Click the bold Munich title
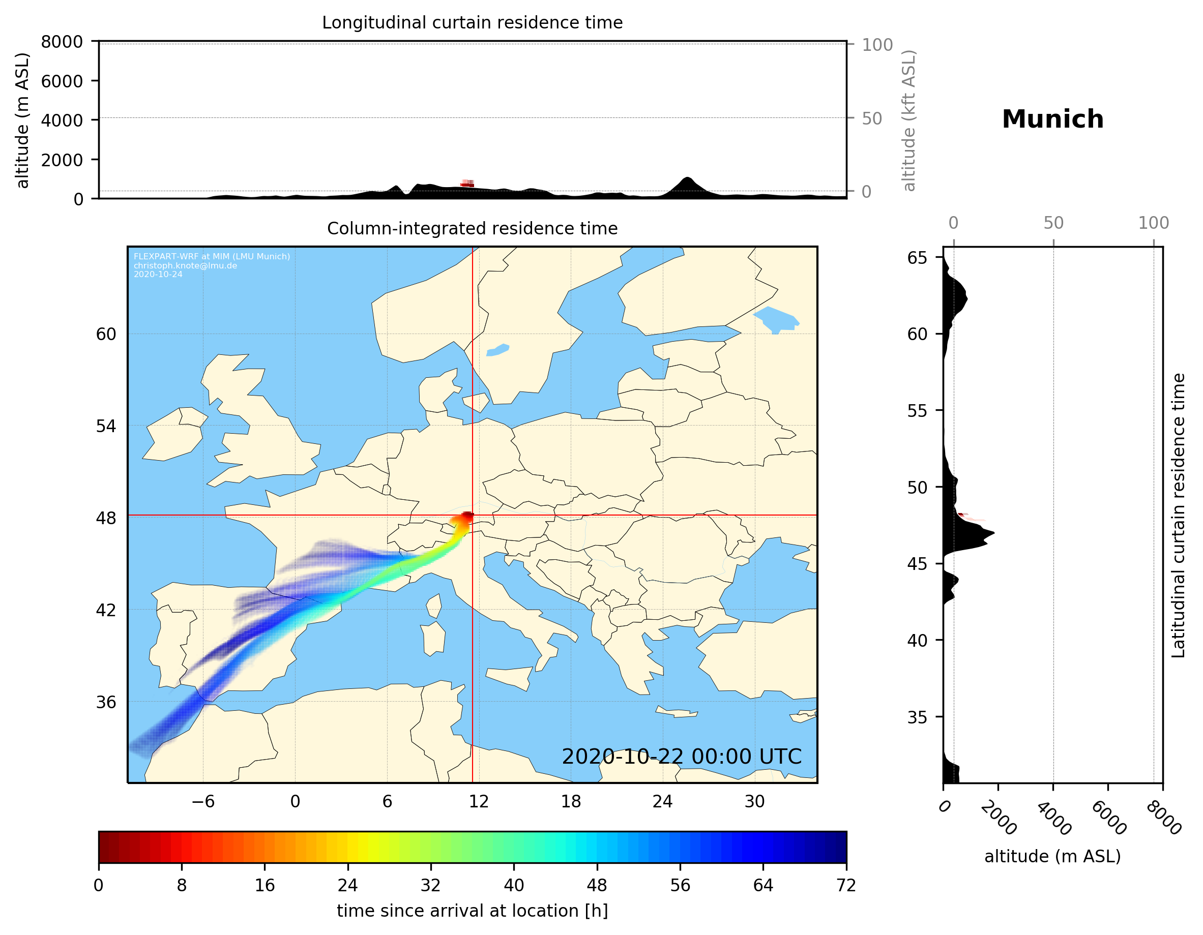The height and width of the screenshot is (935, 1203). click(1052, 119)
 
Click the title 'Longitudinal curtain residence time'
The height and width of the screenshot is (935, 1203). click(472, 22)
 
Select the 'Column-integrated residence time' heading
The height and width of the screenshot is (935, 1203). click(472, 228)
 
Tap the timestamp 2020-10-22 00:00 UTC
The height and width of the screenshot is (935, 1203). click(682, 757)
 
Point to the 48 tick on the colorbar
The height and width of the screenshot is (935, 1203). click(597, 886)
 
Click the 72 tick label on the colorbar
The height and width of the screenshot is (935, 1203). click(845, 886)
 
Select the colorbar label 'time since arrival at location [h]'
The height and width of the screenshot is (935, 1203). click(472, 911)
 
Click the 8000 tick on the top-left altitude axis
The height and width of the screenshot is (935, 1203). click(62, 42)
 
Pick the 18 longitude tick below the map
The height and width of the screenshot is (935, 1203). click(571, 801)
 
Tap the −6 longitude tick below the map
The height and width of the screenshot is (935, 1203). click(202, 801)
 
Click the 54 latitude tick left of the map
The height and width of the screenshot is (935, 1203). click(106, 426)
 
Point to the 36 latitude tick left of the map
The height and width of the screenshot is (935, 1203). click(106, 702)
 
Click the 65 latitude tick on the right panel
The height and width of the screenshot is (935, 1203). click(917, 258)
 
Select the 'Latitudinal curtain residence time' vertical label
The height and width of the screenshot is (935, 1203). click(1178, 516)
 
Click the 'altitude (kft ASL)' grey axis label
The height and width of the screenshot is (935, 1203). click(909, 120)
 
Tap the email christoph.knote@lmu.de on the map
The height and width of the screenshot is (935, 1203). click(185, 265)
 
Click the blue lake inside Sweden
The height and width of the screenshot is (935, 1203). click(498, 350)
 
